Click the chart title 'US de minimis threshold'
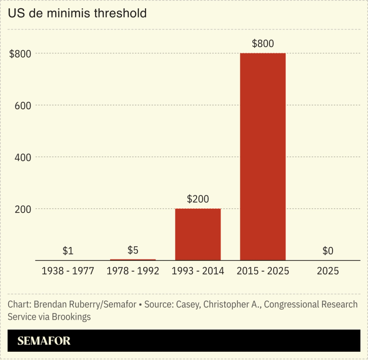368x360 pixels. click(x=77, y=13)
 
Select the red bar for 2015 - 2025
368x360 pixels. click(x=263, y=156)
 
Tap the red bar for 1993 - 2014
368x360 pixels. click(x=198, y=234)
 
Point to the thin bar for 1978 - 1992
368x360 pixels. click(x=133, y=260)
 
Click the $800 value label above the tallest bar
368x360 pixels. click(x=263, y=44)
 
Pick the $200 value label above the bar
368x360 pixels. click(x=198, y=199)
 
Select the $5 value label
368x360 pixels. click(x=133, y=250)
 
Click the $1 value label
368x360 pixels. click(x=68, y=251)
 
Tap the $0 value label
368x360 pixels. click(x=327, y=251)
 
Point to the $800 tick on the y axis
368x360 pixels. click(x=20, y=53)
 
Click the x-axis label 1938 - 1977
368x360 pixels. click(x=68, y=271)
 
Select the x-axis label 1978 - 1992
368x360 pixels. click(x=133, y=271)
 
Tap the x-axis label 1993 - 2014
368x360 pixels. click(x=198, y=271)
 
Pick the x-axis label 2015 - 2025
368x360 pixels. click(x=263, y=271)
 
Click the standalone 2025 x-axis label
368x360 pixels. click(x=327, y=271)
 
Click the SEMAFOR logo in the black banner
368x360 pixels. click(x=44, y=341)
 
